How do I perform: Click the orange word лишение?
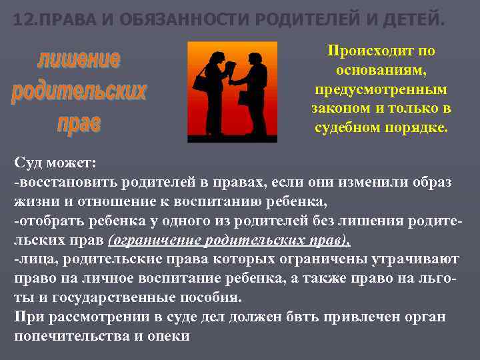tap(79, 60)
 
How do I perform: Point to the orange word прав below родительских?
tap(79, 123)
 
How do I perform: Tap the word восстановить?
tap(63, 181)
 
